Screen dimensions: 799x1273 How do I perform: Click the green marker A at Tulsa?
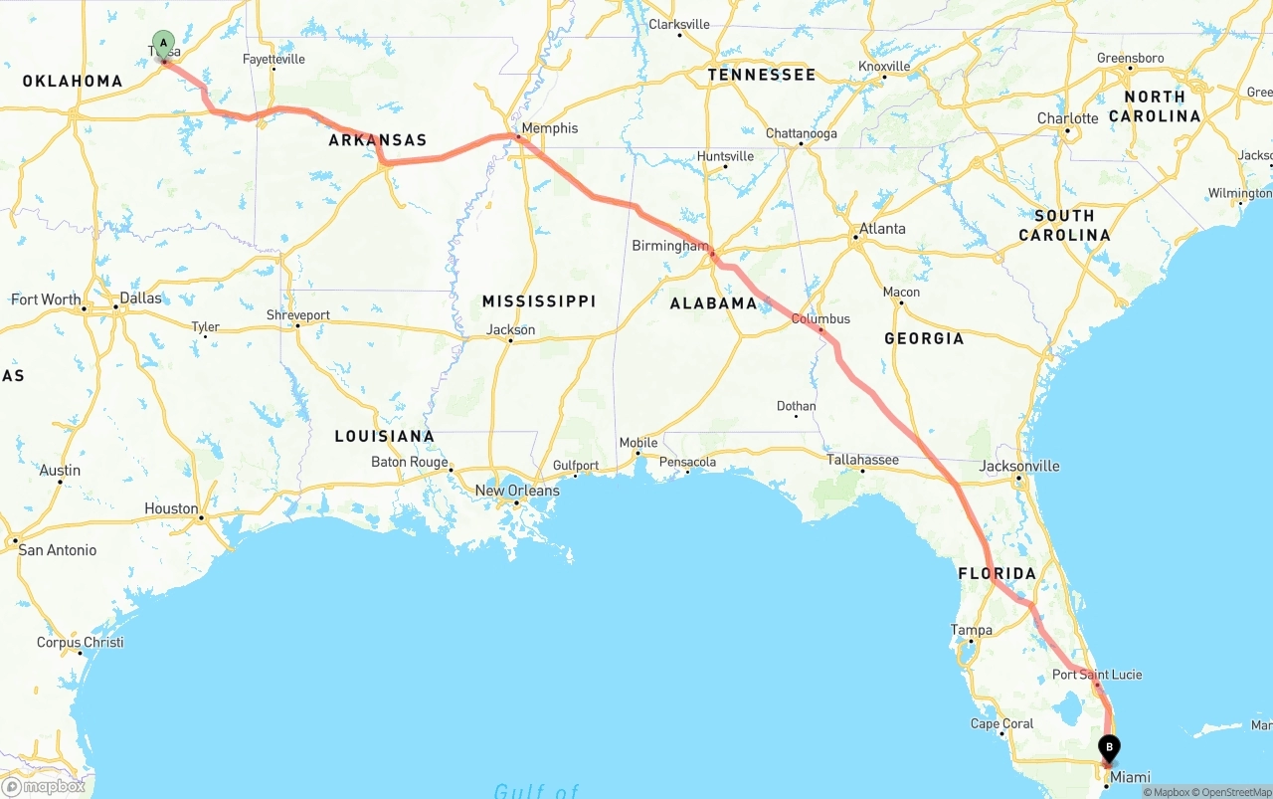(163, 45)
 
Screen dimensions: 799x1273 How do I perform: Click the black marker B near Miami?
(1108, 748)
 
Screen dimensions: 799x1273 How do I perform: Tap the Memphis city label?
(549, 128)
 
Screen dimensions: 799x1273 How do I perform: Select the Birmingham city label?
(670, 246)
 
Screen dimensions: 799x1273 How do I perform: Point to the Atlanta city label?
(882, 229)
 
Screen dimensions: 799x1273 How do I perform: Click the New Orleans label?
(516, 491)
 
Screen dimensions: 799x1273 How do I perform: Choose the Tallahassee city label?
(862, 460)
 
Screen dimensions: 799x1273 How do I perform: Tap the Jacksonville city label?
(1019, 466)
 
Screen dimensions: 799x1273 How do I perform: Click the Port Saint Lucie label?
(1097, 675)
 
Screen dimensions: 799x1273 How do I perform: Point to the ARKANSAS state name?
(378, 140)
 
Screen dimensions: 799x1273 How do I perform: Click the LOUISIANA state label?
(384, 436)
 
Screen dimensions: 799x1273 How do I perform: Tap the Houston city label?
(171, 508)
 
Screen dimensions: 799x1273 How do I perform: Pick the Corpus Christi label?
(80, 643)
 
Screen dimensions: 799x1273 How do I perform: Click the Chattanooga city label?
(801, 133)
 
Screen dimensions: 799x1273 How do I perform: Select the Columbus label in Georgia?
(820, 319)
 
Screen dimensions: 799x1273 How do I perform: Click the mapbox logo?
(44, 786)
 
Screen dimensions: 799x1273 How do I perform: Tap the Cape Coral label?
(1002, 723)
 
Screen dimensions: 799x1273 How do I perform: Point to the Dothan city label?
(796, 406)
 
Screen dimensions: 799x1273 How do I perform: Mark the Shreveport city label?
(297, 315)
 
